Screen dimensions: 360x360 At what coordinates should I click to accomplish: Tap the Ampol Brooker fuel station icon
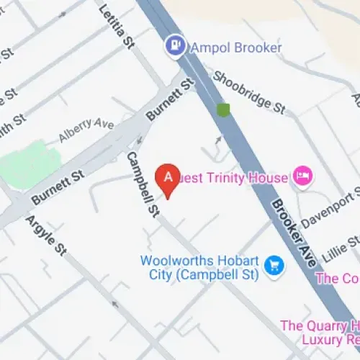(x=175, y=47)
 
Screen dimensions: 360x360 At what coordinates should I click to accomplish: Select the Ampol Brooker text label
(x=235, y=48)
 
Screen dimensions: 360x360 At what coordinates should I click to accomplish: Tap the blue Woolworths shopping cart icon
(x=274, y=266)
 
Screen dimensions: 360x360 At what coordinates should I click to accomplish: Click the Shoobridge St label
(x=250, y=93)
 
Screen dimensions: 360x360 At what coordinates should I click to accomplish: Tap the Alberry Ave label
(x=86, y=130)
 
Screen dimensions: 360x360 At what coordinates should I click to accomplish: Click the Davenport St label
(x=330, y=210)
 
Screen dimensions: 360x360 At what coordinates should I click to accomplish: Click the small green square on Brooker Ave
(x=223, y=110)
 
